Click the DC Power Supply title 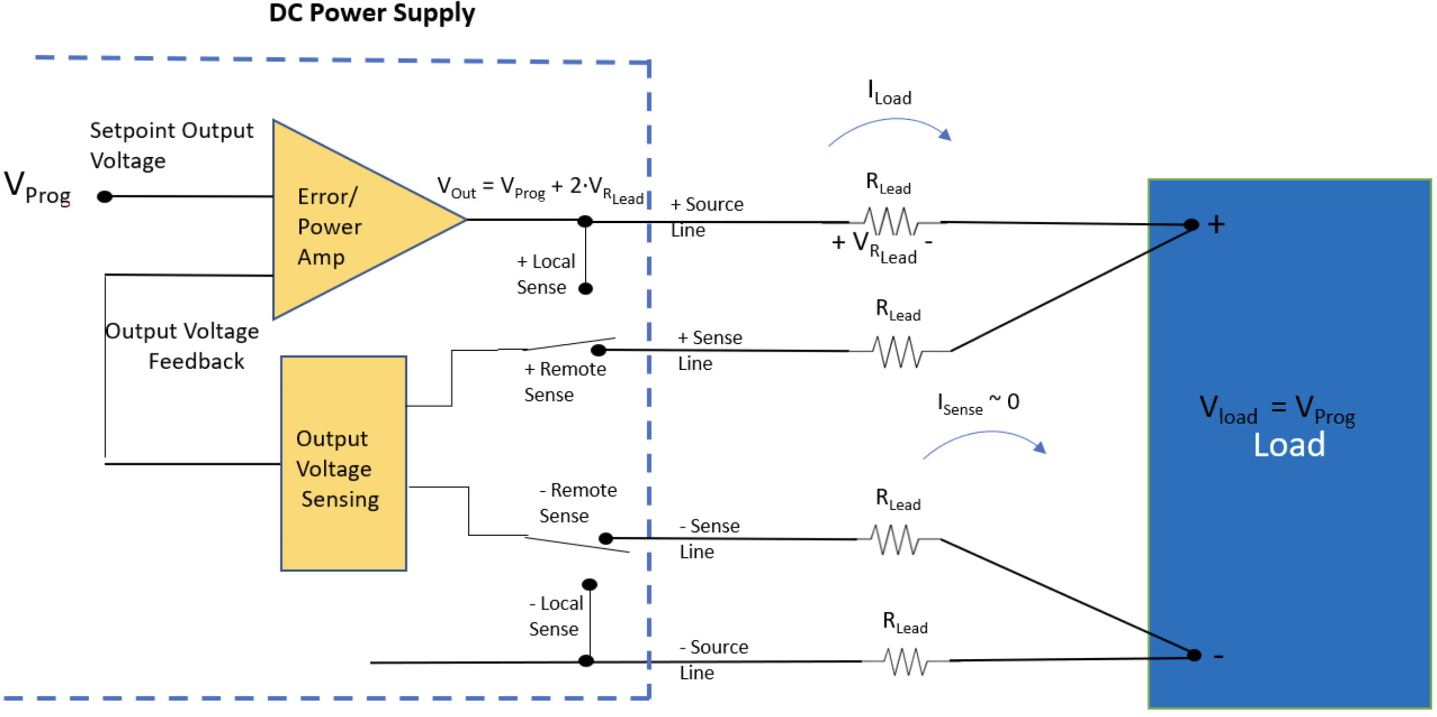pos(372,13)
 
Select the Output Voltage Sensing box pos(343,463)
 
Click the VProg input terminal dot pos(104,197)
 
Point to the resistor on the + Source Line pos(891,222)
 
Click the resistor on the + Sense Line pos(898,351)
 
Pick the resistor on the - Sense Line pos(897,540)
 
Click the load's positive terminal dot pos(1192,225)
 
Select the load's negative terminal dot pos(1194,655)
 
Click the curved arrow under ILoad pos(891,129)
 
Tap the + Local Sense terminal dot pos(585,289)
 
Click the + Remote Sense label pos(565,381)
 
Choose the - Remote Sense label pos(578,502)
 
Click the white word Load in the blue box pos(1289,445)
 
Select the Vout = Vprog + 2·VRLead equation pos(540,189)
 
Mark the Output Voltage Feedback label pos(183,346)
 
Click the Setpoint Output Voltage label pos(171,145)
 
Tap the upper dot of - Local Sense pos(589,585)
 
